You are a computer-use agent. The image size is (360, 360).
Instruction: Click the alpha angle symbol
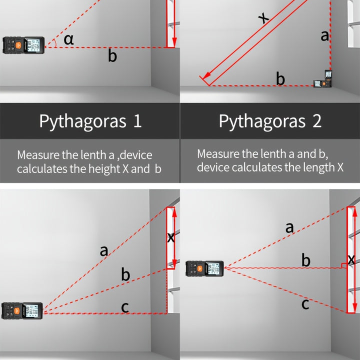[68, 39]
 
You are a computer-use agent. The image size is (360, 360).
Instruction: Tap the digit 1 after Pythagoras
[137, 121]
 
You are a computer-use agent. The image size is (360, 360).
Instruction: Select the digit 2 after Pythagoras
[317, 121]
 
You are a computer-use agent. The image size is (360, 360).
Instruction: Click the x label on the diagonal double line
[263, 17]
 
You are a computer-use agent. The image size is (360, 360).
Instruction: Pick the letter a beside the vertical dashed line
[324, 36]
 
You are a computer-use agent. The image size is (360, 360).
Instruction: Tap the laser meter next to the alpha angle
[23, 45]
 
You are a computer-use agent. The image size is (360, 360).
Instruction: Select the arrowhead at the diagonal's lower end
[207, 75]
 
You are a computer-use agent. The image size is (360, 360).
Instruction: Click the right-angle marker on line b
[344, 265]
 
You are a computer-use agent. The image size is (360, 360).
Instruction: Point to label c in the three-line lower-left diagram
[125, 307]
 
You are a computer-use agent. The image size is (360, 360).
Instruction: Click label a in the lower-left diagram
[104, 250]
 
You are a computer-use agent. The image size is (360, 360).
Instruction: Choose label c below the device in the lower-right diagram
[305, 304]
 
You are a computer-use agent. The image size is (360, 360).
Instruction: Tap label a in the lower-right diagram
[289, 227]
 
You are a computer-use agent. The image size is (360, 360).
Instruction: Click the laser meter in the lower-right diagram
[204, 268]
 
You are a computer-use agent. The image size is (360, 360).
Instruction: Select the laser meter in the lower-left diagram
[22, 311]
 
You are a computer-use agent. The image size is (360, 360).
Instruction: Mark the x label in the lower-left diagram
[171, 237]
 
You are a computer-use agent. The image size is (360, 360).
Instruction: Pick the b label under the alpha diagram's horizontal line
[112, 55]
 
